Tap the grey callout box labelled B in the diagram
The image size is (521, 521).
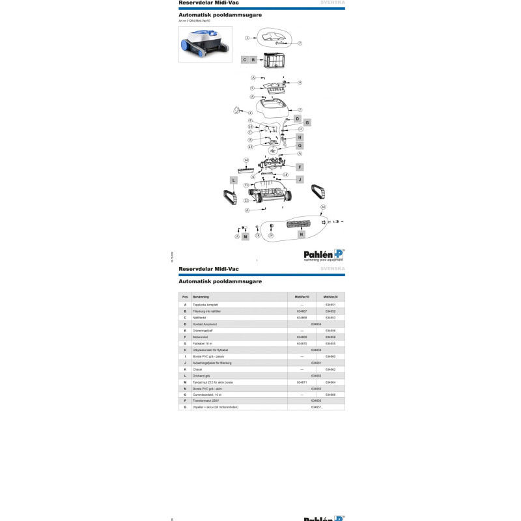(x=253, y=59)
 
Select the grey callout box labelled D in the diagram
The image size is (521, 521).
(x=296, y=119)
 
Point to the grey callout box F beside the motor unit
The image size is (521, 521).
(x=300, y=167)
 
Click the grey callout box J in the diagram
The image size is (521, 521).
(x=300, y=179)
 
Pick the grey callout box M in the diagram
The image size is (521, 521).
(x=246, y=236)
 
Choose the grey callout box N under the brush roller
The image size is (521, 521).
(x=302, y=234)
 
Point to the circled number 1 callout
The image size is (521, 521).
(x=247, y=38)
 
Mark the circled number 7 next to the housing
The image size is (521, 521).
(x=300, y=109)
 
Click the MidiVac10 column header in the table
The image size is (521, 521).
(x=302, y=296)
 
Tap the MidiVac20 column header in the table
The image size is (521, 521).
(x=330, y=296)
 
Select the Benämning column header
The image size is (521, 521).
(x=197, y=296)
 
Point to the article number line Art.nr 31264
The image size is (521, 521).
(x=193, y=21)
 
